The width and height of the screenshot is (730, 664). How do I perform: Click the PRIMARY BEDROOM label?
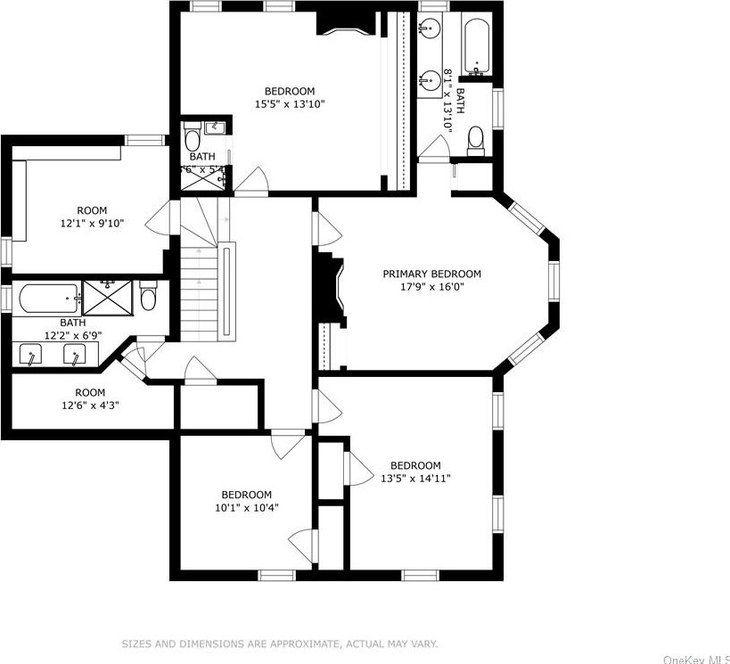tap(431, 274)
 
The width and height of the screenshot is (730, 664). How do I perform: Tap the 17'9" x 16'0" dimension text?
tap(431, 287)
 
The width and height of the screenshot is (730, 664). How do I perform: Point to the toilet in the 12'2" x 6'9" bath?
tap(149, 295)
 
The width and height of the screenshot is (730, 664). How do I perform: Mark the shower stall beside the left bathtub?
tap(108, 296)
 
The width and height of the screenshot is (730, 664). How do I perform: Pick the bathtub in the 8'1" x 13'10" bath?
tap(477, 46)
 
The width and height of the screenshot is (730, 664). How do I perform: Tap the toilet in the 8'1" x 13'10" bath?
tap(475, 139)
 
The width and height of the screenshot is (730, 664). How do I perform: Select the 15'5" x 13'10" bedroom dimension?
tap(289, 104)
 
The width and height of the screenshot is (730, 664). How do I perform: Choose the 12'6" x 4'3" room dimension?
tap(89, 406)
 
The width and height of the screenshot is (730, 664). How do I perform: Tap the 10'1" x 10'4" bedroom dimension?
tap(246, 508)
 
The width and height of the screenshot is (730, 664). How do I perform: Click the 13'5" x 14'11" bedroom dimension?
tap(415, 479)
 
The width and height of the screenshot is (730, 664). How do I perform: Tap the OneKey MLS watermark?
tap(696, 659)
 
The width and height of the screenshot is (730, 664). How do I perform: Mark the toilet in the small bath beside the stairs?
tap(193, 139)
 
